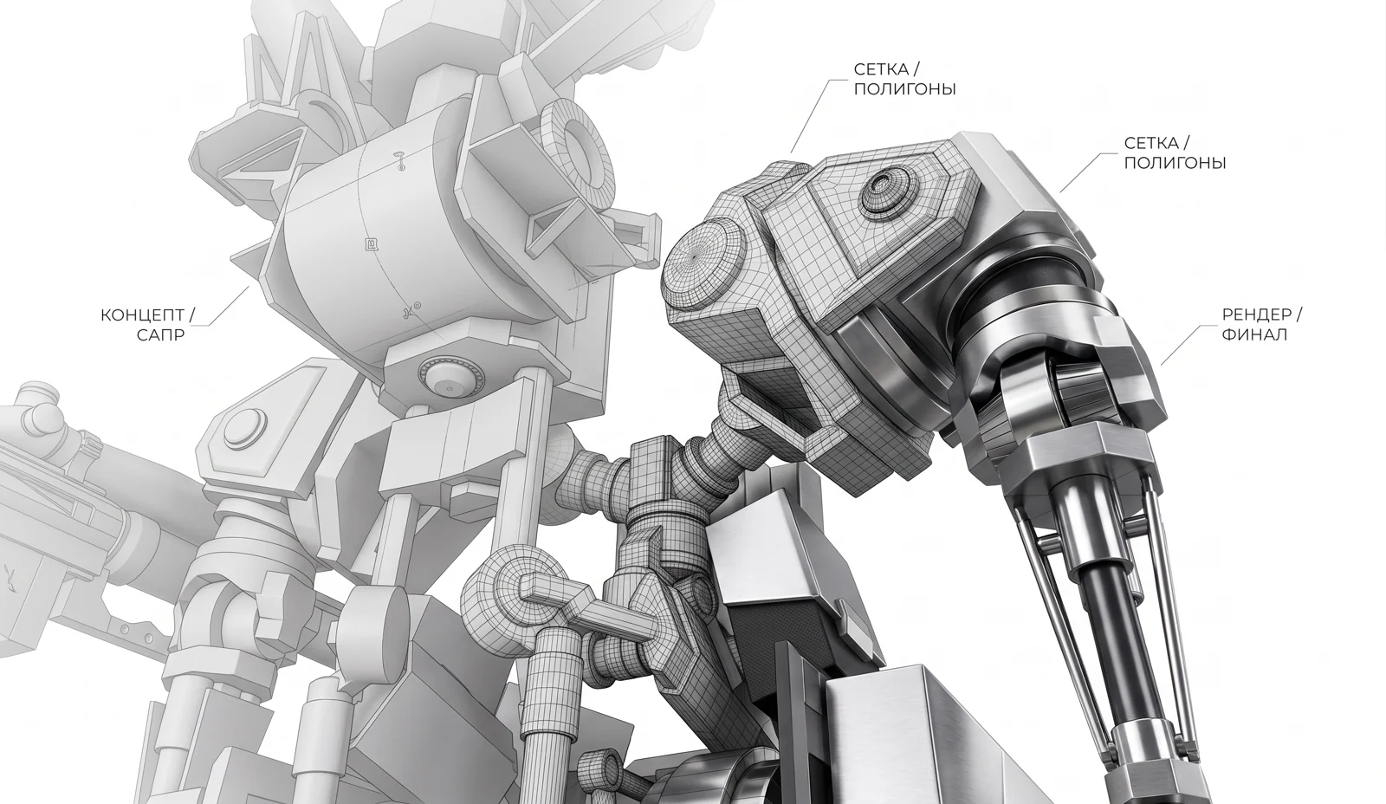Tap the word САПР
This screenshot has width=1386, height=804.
pyautogui.click(x=160, y=335)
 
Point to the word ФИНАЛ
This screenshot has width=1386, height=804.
pyautogui.click(x=1254, y=334)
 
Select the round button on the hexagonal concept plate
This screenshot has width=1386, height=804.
pyautogui.click(x=246, y=426)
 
